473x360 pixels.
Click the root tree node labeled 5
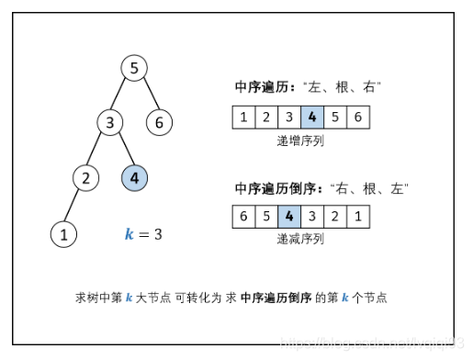tap(134, 68)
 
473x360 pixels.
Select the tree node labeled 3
tap(111, 122)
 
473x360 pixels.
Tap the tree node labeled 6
tap(158, 122)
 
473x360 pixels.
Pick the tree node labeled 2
tap(86, 177)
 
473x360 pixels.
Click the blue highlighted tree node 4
tap(134, 177)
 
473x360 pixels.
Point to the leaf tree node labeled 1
tap(62, 233)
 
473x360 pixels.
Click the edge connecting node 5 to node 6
tap(146, 95)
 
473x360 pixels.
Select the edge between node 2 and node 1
tap(74, 206)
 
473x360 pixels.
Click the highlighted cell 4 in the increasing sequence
tap(312, 118)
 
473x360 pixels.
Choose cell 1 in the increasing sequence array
tap(243, 118)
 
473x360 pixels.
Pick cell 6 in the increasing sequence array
tap(358, 118)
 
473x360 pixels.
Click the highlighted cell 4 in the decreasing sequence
tap(289, 218)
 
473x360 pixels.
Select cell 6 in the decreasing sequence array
tap(243, 218)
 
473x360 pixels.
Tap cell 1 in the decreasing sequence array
tap(358, 218)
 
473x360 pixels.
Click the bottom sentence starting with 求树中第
tap(238, 298)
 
